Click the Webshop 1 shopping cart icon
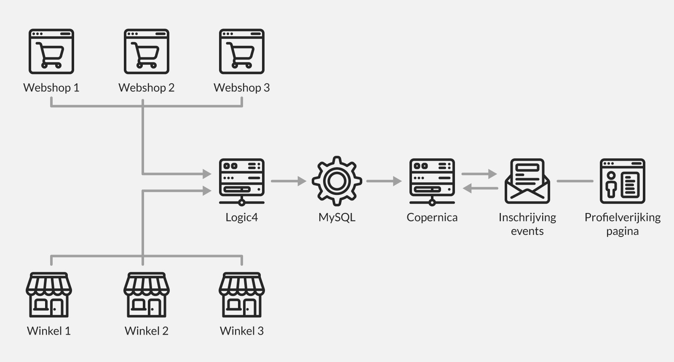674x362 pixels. (51, 51)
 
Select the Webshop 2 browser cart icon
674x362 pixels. (147, 51)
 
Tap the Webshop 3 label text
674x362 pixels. (241, 88)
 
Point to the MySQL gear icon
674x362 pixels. (337, 181)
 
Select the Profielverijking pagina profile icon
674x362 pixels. (623, 181)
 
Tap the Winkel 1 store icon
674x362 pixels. (49, 294)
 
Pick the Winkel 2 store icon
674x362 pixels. (147, 294)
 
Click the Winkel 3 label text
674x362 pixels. (242, 331)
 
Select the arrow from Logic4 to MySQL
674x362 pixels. (289, 181)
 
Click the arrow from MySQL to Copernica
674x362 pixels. (384, 181)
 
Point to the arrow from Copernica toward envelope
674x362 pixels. (479, 173)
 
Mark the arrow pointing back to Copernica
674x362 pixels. (480, 189)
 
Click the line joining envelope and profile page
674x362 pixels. (575, 181)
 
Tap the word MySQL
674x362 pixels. (337, 217)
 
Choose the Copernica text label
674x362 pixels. (432, 217)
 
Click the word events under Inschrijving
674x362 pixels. (527, 231)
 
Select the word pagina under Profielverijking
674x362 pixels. (622, 231)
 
